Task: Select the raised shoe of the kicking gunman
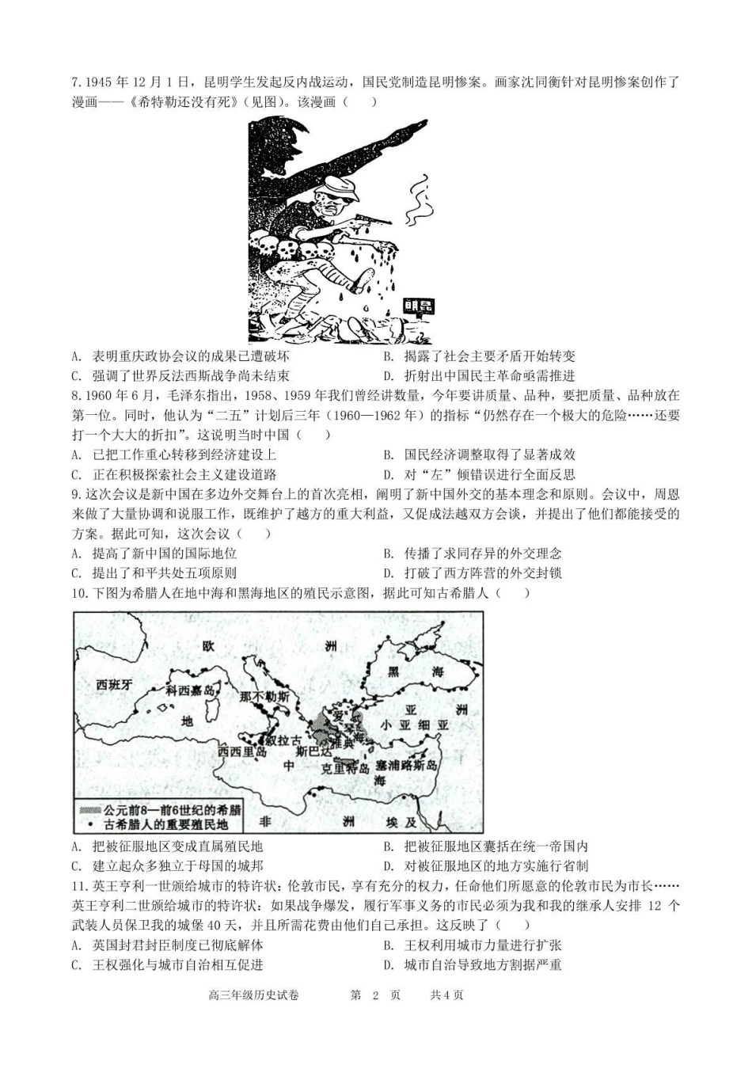pos(367,279)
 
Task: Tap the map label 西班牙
pos(114,685)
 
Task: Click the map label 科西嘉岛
pos(190,690)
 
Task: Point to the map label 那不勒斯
pos(264,696)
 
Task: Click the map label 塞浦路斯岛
pos(406,766)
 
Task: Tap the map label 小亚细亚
pos(414,725)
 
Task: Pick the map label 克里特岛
pos(345,768)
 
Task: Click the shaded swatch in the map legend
pos(89,810)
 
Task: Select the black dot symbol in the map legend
pos(89,824)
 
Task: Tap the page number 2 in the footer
pos(376,995)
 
